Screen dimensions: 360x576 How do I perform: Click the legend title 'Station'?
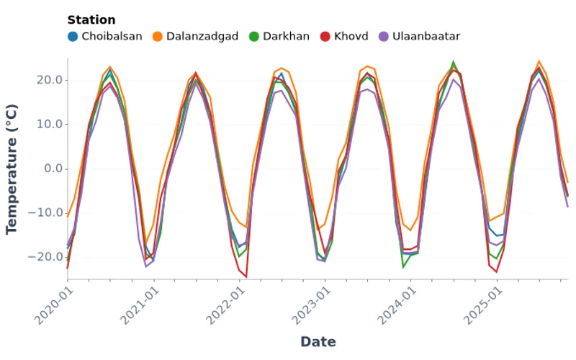coord(91,20)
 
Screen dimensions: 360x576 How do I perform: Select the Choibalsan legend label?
coord(112,36)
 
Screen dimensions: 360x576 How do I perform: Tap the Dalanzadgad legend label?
coord(202,36)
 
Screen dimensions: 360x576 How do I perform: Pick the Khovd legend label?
coord(351,36)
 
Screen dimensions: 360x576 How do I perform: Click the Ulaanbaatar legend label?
coord(426,36)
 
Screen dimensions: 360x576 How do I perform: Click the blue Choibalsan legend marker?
coord(73,36)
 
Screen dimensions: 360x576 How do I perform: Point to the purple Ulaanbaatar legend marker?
coord(384,36)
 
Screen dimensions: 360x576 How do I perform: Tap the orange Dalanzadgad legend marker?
coord(158,36)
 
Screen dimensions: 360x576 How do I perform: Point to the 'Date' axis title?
coord(318,342)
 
